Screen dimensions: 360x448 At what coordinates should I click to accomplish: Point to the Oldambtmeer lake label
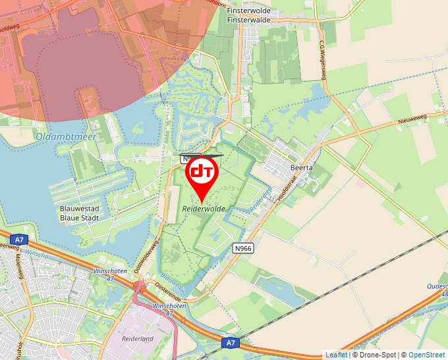pos(66,136)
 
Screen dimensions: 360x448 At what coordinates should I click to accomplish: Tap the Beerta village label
pos(302,168)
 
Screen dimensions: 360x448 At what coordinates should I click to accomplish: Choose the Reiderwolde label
pos(204,208)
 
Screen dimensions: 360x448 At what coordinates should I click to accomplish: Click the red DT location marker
pos(202,174)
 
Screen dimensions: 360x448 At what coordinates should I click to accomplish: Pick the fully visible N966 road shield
pos(243,248)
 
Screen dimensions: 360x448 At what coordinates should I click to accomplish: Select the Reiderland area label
pos(138,338)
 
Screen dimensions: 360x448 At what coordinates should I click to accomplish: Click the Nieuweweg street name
pos(413,120)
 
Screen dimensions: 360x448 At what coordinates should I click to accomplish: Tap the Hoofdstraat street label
pos(288,187)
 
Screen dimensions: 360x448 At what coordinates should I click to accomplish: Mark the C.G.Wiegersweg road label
pos(323,60)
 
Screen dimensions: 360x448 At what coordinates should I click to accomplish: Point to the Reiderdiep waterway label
pos(261,201)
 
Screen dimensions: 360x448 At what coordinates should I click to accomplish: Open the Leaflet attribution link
pos(336,355)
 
